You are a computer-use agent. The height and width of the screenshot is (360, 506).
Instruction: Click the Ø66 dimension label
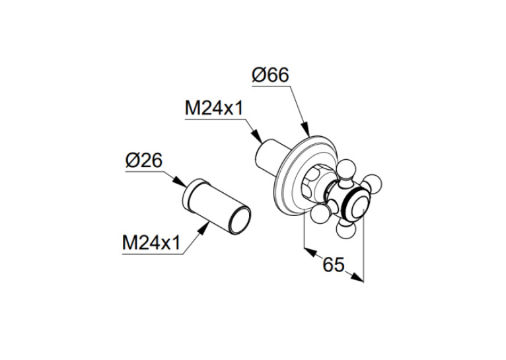pos(270,75)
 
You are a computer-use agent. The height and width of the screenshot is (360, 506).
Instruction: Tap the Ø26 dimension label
pos(144,161)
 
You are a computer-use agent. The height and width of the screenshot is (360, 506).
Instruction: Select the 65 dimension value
pos(334,265)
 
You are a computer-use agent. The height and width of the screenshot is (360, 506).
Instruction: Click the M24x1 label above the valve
pos(213,108)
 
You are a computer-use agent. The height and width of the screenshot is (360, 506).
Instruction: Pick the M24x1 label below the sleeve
pos(151,242)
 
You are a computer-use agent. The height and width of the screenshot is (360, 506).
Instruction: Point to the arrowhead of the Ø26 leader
pos(180,182)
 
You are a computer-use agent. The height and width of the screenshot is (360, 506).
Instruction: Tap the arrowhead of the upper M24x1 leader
pos(257,137)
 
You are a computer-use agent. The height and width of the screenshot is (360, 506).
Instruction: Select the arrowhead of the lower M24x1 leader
pos(203,230)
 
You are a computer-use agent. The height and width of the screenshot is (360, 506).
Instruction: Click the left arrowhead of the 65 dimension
pos(310,252)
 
